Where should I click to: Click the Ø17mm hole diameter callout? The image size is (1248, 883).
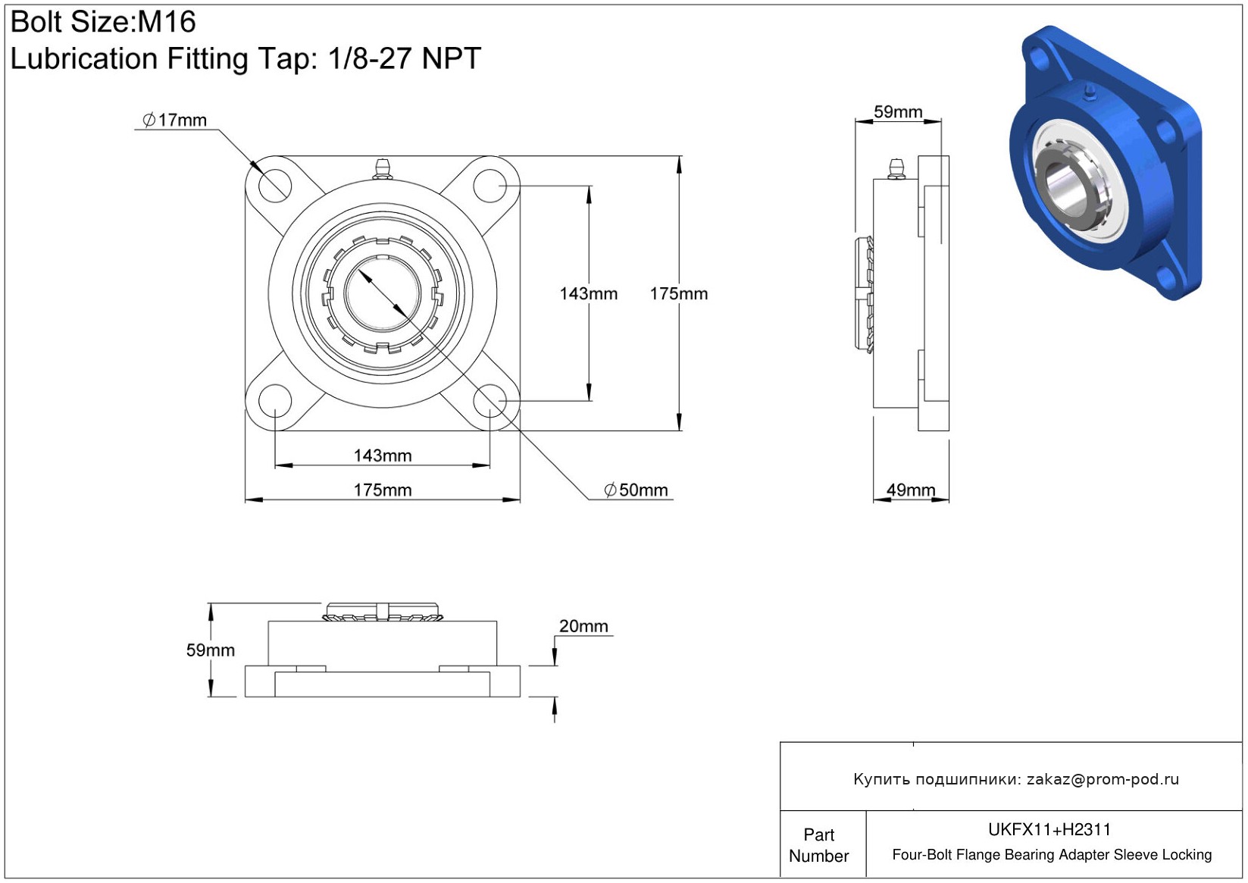click(x=174, y=120)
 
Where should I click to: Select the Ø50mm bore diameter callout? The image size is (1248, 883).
click(x=636, y=490)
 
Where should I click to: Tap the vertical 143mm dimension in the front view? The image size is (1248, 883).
click(x=588, y=294)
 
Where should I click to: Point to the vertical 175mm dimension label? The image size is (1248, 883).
click(x=679, y=294)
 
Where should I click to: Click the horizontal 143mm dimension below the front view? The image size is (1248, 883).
click(x=383, y=456)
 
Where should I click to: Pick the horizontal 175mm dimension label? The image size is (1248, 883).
click(x=383, y=490)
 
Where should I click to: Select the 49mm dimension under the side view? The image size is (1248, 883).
click(x=911, y=490)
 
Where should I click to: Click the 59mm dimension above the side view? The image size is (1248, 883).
click(x=898, y=111)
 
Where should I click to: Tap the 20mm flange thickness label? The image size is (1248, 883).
click(x=583, y=626)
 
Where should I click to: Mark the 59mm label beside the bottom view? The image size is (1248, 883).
click(x=211, y=650)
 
